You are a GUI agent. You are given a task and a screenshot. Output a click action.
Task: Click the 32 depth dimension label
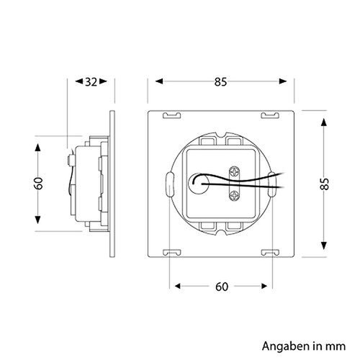pos(90,81)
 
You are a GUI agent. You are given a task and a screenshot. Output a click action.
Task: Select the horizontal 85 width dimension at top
pos(220,81)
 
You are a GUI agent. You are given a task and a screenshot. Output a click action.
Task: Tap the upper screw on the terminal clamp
pos(233,171)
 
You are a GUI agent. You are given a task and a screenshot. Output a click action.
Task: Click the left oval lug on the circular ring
pos(168,184)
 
